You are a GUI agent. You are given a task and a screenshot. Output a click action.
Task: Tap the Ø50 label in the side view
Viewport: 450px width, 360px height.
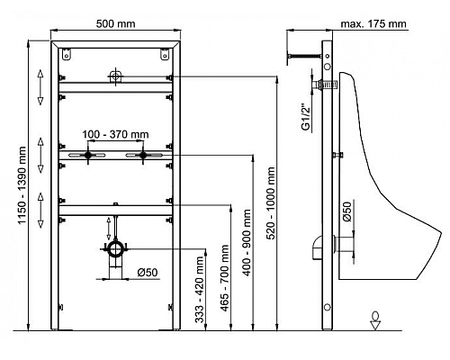tap(346, 212)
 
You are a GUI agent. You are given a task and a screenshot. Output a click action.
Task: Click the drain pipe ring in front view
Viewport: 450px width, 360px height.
tap(113, 247)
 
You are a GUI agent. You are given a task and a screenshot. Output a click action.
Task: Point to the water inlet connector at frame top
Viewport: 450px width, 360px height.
tap(113, 76)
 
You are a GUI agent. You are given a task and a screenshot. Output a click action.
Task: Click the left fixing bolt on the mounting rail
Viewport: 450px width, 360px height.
tap(87, 157)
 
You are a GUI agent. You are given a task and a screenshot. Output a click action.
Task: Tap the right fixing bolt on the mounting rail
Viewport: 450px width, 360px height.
tap(141, 157)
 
